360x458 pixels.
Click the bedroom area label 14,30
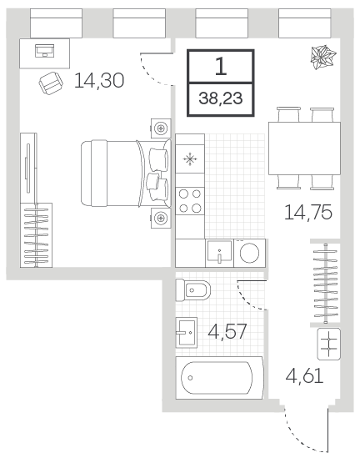(x=99, y=81)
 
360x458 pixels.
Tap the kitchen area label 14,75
(x=308, y=213)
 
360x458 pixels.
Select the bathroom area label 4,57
(x=227, y=332)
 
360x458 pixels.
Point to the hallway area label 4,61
(x=304, y=375)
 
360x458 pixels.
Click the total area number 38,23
(x=221, y=98)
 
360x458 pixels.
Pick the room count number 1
(x=221, y=66)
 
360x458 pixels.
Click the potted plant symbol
(x=323, y=58)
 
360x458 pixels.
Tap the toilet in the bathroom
(x=192, y=290)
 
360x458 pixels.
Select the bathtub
(x=219, y=378)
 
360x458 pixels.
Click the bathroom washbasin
(x=186, y=332)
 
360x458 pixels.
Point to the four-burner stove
(x=190, y=201)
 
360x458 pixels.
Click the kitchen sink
(x=219, y=253)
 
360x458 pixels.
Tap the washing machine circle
(x=249, y=253)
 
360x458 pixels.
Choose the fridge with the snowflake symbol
(x=190, y=159)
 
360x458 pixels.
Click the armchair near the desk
(x=51, y=83)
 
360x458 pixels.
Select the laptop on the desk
(x=45, y=51)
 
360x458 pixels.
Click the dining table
(x=304, y=148)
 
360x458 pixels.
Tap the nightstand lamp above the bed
(x=161, y=128)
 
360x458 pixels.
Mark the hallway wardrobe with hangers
(x=325, y=283)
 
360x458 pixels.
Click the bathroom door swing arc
(x=247, y=300)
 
